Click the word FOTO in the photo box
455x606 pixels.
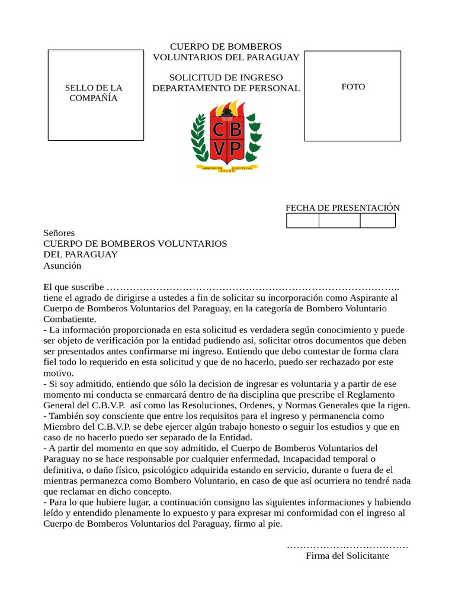353,87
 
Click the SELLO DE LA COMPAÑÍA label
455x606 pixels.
94,93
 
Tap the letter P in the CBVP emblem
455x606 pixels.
235,149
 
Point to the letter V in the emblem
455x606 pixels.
219,149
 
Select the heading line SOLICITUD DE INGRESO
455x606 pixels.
226,78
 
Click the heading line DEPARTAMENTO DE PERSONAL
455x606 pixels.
226,88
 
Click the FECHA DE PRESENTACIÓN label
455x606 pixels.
342,208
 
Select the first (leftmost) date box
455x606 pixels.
303,221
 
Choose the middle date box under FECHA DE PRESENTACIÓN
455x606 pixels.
339,221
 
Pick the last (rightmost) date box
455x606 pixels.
377,221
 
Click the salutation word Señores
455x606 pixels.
59,233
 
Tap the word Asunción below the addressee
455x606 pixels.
62,266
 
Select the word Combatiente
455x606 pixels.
70,319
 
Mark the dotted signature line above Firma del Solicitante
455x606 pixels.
347,545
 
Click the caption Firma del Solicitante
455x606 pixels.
347,556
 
